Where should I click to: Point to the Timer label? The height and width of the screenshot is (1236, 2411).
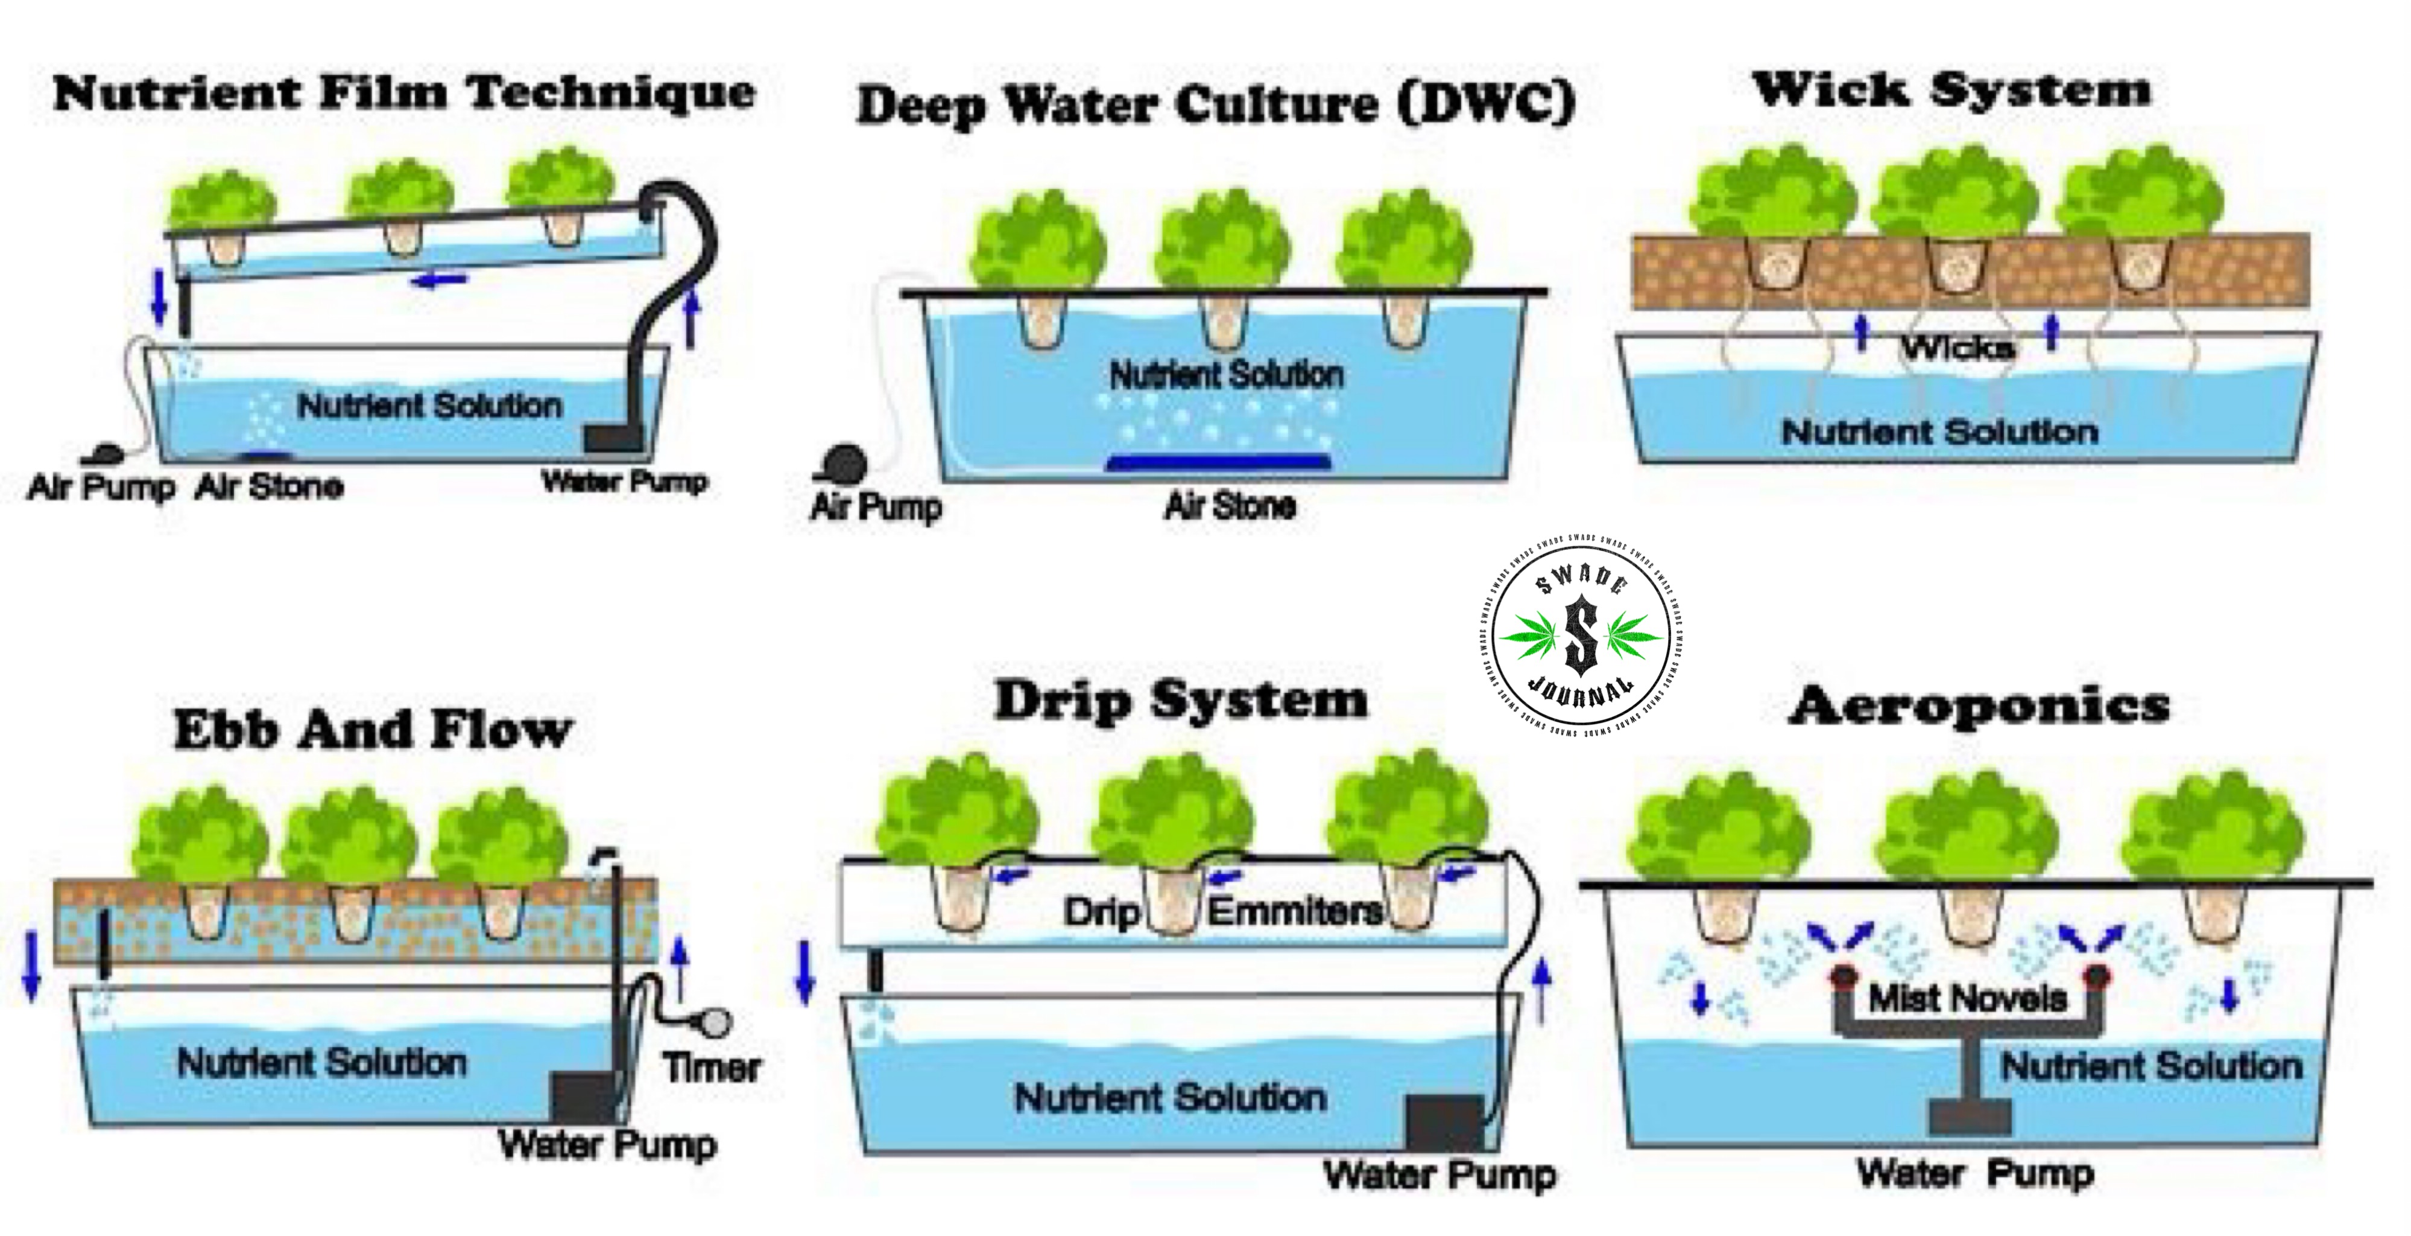tap(712, 1068)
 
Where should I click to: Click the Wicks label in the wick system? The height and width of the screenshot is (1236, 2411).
tap(1956, 348)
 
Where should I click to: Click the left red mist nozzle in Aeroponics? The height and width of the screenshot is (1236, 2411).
tap(1844, 976)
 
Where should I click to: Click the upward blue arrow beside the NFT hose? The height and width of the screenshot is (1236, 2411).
tap(692, 319)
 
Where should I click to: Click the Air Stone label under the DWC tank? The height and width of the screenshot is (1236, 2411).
tap(1229, 506)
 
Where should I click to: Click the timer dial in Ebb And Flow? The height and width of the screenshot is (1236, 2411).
tap(716, 1022)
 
